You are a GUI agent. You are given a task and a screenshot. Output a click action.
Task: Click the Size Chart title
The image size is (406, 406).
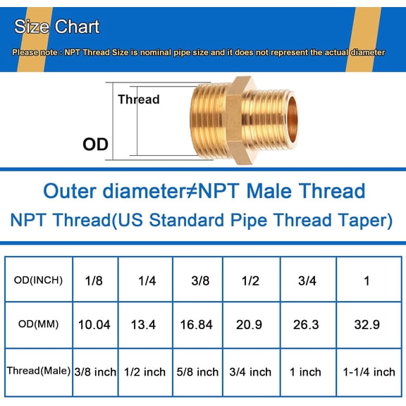tap(57, 27)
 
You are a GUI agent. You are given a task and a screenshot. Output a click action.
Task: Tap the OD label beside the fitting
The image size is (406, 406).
tap(96, 144)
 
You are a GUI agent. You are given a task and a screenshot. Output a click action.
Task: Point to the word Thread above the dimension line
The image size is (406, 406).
tap(138, 99)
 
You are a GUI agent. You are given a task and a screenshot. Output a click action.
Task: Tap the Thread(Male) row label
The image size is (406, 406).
tap(38, 371)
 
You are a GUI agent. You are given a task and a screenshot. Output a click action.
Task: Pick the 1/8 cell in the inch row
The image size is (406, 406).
tap(93, 280)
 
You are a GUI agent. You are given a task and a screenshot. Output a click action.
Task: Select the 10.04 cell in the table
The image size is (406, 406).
tap(93, 325)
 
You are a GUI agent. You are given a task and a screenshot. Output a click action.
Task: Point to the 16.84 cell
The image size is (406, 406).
tap(197, 325)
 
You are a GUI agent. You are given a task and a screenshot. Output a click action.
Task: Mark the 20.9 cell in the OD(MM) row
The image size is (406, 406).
tap(250, 325)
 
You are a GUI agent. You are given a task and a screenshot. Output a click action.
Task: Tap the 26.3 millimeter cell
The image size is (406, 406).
tap(306, 325)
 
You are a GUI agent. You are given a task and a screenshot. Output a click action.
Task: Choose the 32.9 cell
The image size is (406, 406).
tap(367, 325)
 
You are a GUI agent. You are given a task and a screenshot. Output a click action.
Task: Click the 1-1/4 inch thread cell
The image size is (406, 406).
tap(367, 371)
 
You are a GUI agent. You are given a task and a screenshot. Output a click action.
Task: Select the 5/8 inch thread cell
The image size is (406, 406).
tap(197, 371)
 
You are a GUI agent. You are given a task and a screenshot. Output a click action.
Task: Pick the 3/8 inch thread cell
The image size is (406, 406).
tap(93, 371)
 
